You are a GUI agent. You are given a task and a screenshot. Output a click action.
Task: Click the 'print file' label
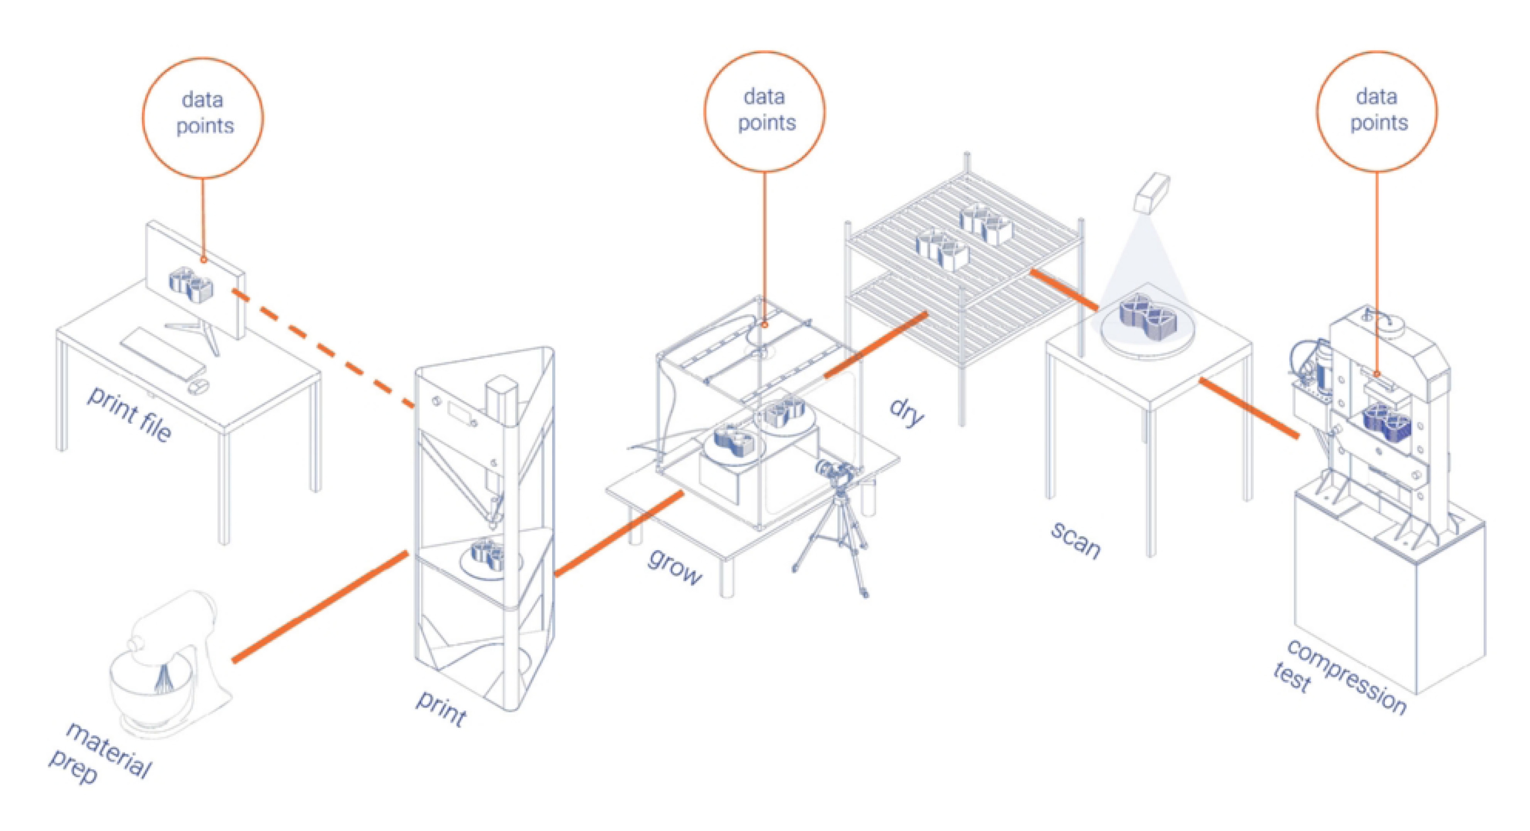click(x=129, y=413)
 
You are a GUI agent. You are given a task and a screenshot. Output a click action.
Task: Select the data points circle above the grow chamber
click(x=765, y=111)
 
